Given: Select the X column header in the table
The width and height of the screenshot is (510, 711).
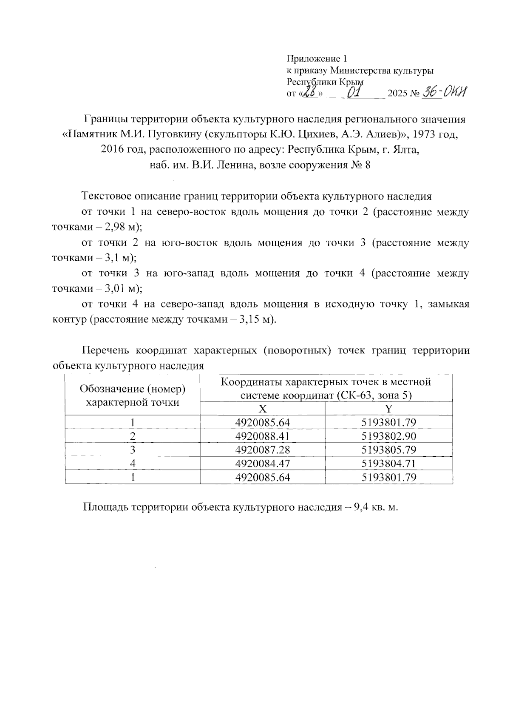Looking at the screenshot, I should coord(263,409).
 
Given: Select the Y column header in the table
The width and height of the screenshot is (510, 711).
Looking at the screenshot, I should coord(388,409).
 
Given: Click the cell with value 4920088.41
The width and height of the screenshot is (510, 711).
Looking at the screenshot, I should coord(263,436).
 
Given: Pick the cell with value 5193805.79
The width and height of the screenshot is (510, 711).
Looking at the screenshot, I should coord(388,450).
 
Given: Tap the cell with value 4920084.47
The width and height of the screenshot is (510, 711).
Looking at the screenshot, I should coord(263,464).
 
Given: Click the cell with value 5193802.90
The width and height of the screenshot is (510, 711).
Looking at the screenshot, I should coord(388,436).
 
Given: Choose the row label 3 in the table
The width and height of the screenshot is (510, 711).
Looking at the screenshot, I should coord(133,450).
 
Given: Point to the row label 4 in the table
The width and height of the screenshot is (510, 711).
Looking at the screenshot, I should coord(133,464).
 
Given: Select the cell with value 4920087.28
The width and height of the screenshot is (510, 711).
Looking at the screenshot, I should coord(263,450).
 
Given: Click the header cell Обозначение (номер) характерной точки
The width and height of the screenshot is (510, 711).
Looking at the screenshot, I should coord(133,395).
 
